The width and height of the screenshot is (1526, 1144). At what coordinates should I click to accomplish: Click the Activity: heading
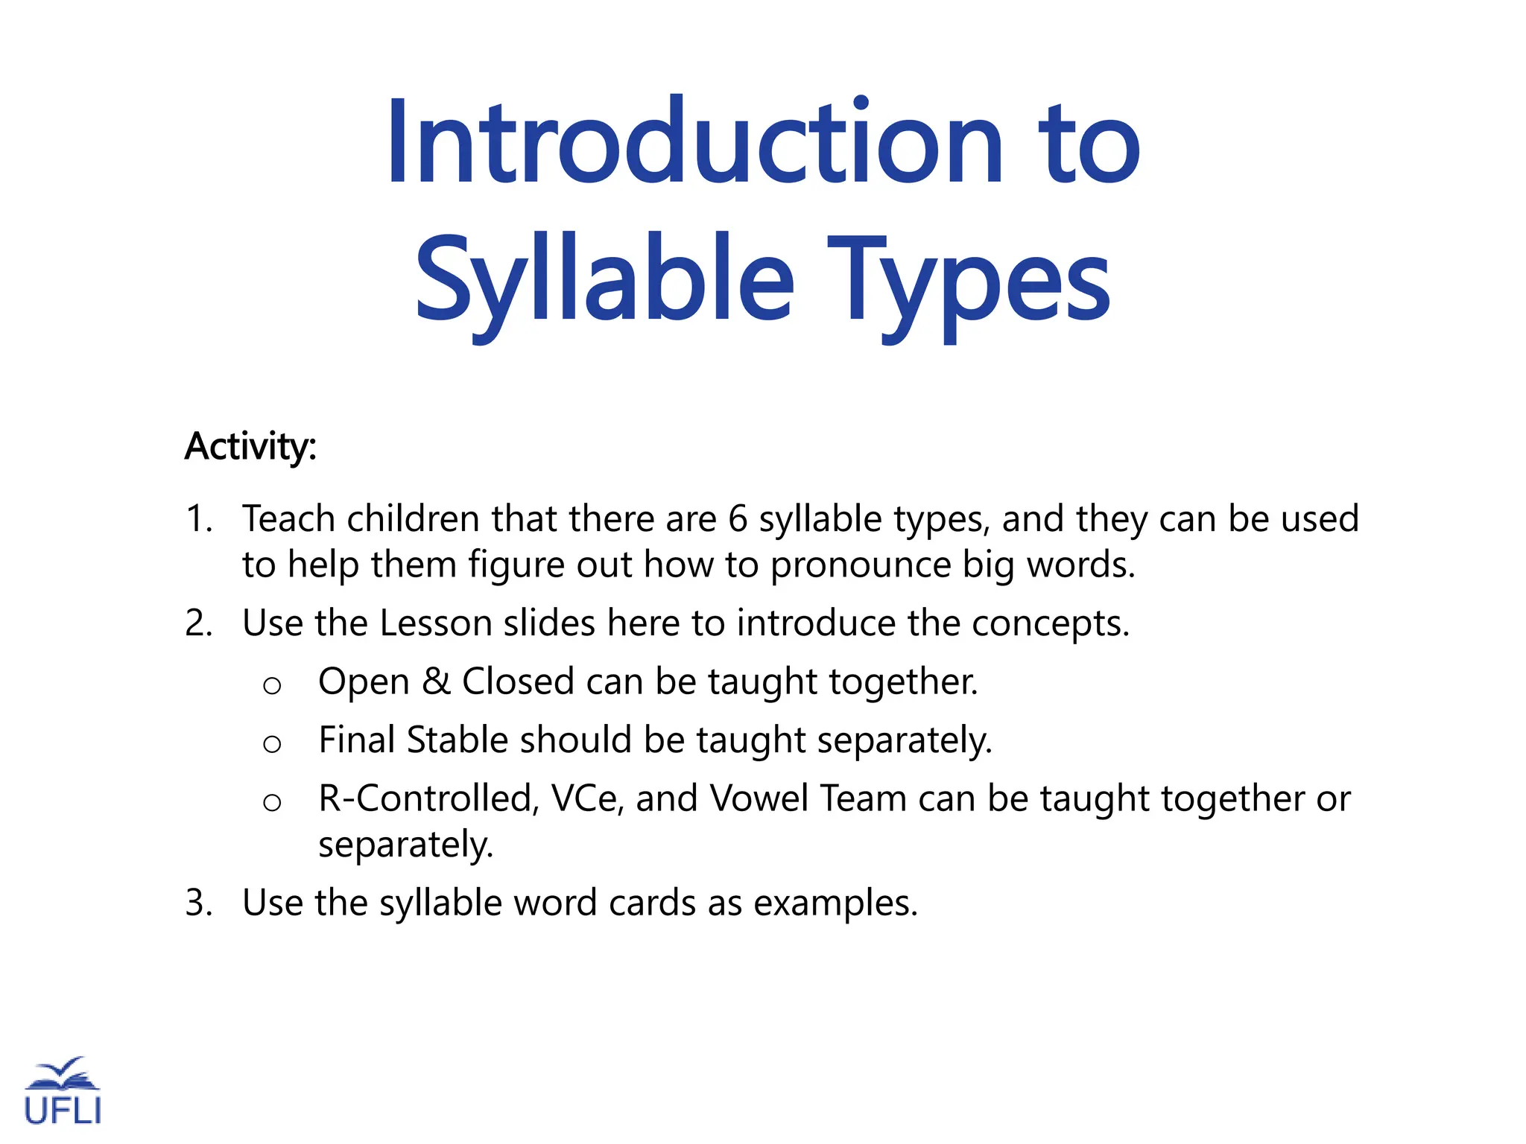tap(251, 446)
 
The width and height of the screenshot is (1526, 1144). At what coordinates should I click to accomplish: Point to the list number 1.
tap(197, 519)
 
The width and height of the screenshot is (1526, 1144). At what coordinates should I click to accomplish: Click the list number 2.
tap(198, 623)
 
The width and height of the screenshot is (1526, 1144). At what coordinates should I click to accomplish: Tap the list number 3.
tap(198, 903)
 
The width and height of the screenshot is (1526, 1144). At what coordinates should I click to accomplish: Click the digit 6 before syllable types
tap(738, 519)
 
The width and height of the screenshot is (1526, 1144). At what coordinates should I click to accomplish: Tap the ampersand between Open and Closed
tap(436, 681)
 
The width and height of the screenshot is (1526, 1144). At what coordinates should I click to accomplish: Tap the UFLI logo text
tap(63, 1110)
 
